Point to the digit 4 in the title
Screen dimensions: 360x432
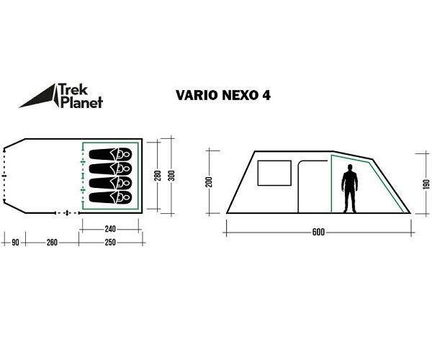point(267,94)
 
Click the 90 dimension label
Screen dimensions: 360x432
point(14,243)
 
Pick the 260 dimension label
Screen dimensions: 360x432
point(52,243)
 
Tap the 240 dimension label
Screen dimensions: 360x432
point(109,229)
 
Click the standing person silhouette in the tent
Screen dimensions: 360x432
point(350,188)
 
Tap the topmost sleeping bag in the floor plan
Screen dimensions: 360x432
point(110,153)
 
